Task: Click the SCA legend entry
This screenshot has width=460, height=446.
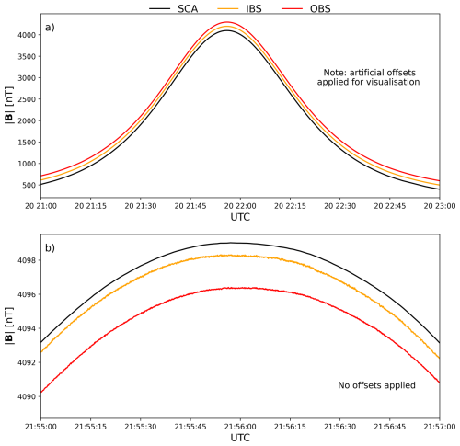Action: (174, 8)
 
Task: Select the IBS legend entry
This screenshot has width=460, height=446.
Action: (240, 8)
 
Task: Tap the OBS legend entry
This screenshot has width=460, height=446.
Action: (306, 8)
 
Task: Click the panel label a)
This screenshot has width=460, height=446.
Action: (50, 28)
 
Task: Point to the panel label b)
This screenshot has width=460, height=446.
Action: (50, 247)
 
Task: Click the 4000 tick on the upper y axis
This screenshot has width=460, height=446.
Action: (27, 35)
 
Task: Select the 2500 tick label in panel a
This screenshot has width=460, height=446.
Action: (27, 99)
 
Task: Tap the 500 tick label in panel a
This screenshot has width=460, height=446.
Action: (29, 185)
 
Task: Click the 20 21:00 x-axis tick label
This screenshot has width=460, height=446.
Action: (40, 206)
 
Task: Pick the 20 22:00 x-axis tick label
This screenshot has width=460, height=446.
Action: (240, 206)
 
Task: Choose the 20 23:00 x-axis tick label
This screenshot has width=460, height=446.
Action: (440, 206)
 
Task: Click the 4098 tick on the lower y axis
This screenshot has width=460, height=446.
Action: (27, 260)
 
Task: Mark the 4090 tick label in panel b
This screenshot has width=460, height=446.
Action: (27, 396)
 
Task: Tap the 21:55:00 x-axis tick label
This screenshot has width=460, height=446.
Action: (40, 427)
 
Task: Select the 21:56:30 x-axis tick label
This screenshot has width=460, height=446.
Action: (340, 427)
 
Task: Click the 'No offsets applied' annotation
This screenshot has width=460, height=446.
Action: (376, 385)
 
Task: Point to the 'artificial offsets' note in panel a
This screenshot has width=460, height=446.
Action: (383, 73)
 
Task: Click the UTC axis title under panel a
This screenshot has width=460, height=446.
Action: (240, 217)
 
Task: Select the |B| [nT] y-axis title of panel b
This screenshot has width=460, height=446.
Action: (9, 326)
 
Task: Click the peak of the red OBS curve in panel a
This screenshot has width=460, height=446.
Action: (227, 22)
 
